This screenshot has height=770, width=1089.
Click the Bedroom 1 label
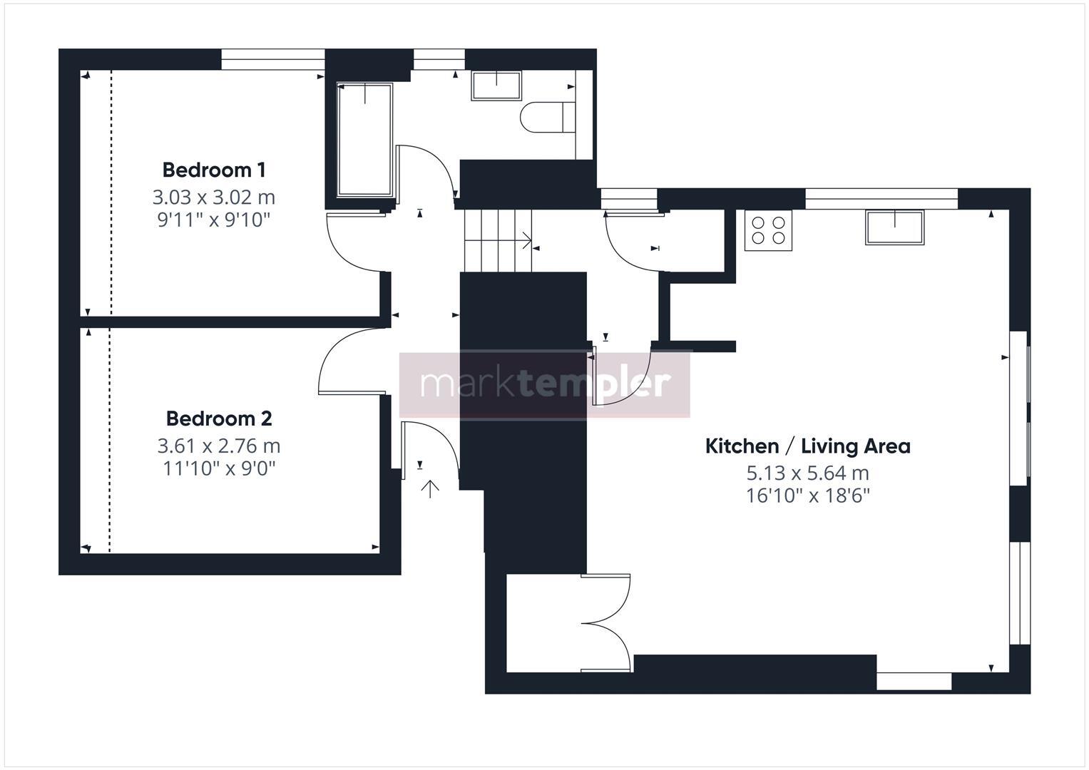tap(214, 170)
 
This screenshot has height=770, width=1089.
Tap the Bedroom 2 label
tap(219, 419)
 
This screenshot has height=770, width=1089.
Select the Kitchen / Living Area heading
tap(807, 446)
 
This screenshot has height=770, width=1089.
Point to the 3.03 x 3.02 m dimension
tap(214, 197)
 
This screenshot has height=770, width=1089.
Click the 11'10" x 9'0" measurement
tap(219, 468)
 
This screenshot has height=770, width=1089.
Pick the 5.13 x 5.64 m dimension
tap(807, 473)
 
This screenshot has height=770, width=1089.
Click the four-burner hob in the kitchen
tap(769, 230)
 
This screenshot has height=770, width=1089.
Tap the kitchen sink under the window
tap(894, 227)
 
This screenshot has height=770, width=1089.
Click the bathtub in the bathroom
tap(364, 140)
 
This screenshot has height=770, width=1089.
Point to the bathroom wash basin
tap(496, 86)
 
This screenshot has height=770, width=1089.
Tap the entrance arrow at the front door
tap(430, 489)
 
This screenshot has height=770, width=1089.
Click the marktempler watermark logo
tap(545, 384)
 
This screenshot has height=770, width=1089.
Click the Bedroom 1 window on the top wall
tap(272, 59)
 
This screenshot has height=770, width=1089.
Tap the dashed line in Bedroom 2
tap(110, 442)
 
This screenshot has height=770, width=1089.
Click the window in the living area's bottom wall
tap(914, 682)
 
